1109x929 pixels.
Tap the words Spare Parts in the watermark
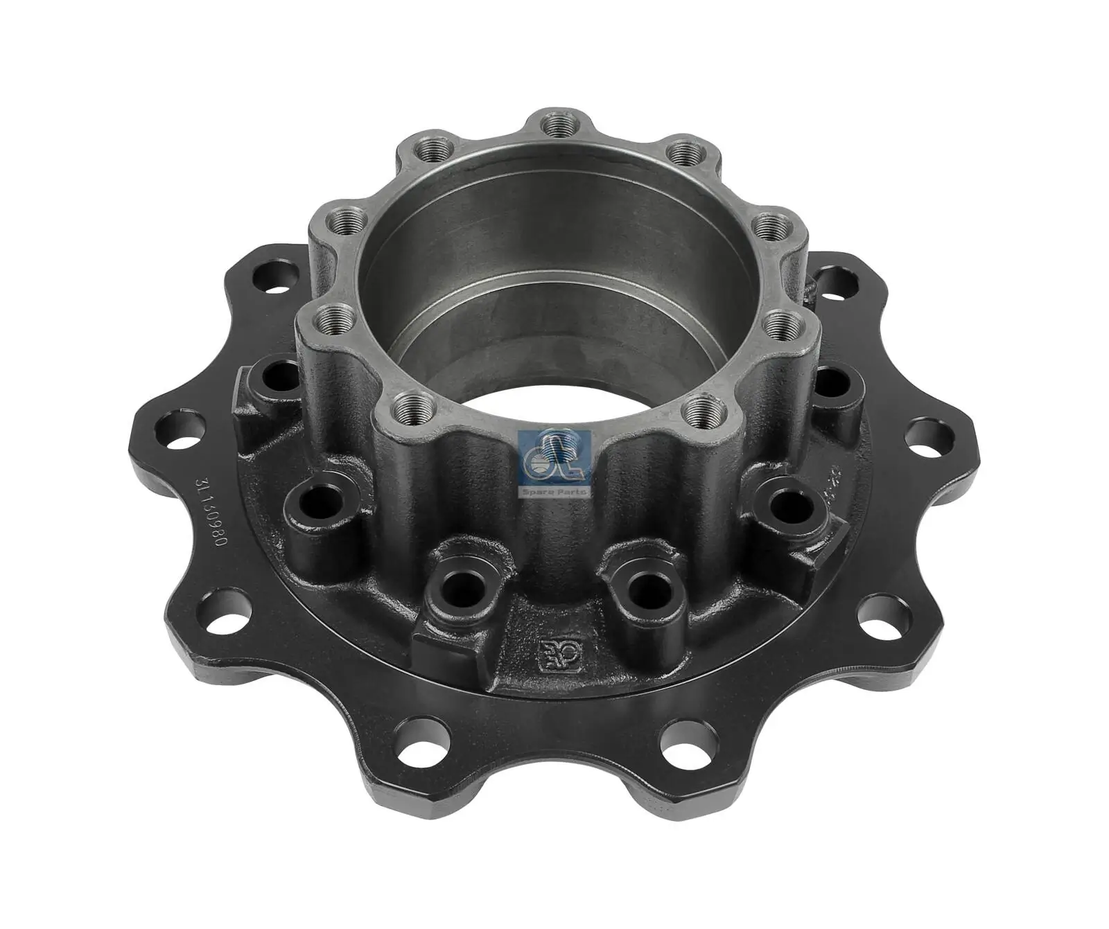coord(554,491)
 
